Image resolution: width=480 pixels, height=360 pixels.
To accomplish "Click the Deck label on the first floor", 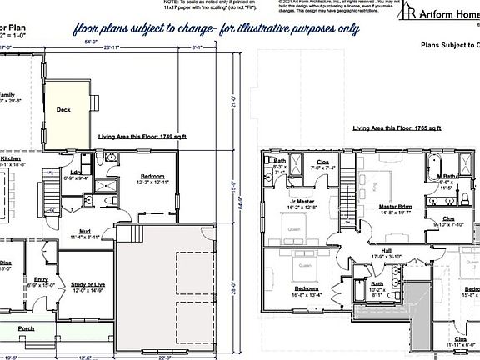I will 63,109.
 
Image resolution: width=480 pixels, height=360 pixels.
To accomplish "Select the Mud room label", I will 86,231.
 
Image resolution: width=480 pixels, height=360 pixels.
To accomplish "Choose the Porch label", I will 27,328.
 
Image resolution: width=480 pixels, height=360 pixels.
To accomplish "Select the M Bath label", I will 448,176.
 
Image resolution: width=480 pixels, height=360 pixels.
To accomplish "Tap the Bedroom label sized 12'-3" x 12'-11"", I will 152,177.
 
